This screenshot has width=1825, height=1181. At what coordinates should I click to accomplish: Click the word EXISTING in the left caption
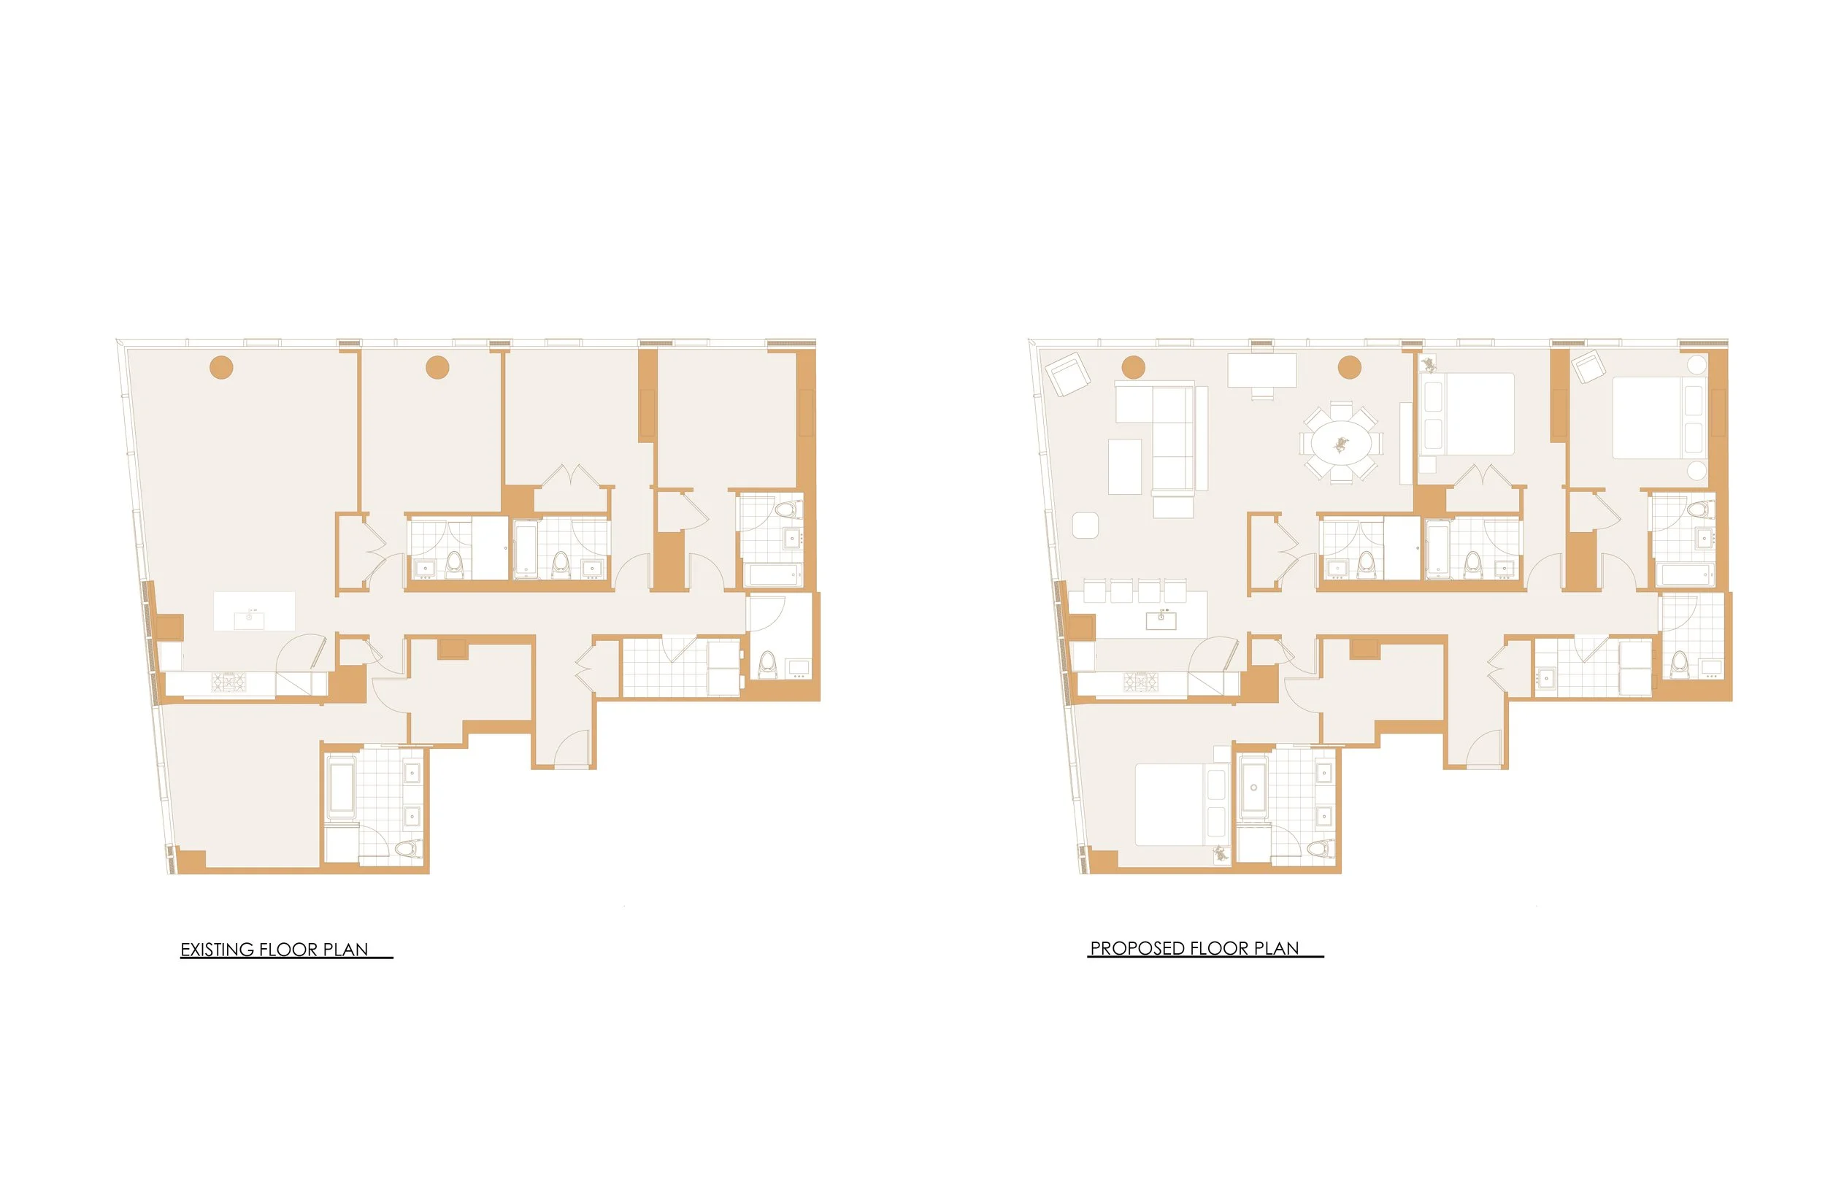pyautogui.click(x=218, y=950)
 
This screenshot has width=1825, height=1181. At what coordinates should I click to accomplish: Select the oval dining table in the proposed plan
pyautogui.click(x=1340, y=443)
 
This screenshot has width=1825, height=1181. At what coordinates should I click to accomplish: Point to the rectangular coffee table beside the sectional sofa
pyautogui.click(x=1125, y=466)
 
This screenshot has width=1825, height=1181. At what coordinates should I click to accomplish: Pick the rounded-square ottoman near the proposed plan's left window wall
pyautogui.click(x=1085, y=526)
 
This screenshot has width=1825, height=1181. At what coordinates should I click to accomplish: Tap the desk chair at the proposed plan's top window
pyautogui.click(x=1262, y=394)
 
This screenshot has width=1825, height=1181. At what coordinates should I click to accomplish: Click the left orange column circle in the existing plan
pyautogui.click(x=222, y=368)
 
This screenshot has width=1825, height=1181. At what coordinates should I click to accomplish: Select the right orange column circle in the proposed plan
pyautogui.click(x=1350, y=368)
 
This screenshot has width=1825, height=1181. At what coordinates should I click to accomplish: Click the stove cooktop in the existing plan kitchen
pyautogui.click(x=228, y=682)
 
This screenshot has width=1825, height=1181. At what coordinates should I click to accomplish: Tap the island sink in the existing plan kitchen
pyautogui.click(x=248, y=619)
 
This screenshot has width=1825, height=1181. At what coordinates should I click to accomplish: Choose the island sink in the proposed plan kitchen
pyautogui.click(x=1161, y=620)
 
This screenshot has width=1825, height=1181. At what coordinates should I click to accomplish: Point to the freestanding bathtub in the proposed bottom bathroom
pyautogui.click(x=1253, y=787)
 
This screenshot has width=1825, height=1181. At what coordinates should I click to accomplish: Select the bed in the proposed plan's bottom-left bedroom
pyautogui.click(x=1173, y=804)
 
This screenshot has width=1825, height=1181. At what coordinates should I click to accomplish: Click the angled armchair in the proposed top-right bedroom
pyautogui.click(x=1588, y=366)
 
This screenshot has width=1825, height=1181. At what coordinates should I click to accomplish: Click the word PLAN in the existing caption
pyautogui.click(x=345, y=950)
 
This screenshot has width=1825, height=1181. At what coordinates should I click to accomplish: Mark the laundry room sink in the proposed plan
pyautogui.click(x=1546, y=678)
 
